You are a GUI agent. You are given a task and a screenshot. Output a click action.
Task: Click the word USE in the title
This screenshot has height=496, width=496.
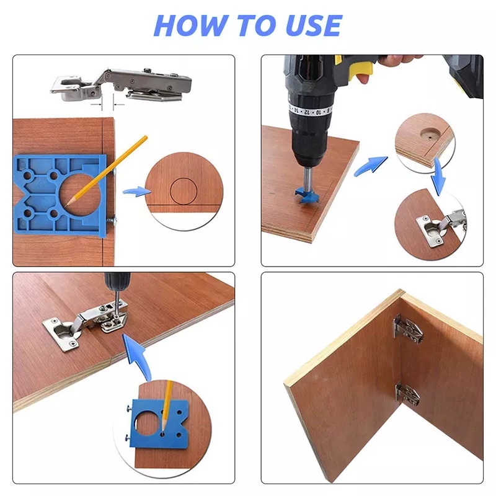click(313, 25)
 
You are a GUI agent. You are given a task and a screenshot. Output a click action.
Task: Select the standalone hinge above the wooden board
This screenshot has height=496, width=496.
click(121, 85)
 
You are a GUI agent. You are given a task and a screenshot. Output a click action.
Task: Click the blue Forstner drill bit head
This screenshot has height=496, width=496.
click(306, 195)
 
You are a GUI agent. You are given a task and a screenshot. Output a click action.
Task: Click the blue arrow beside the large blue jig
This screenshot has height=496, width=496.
click(136, 192)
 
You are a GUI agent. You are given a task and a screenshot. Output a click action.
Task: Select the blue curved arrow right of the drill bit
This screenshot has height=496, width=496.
click(370, 166)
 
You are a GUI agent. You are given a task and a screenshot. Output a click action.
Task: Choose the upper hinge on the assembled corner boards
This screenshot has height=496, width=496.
click(407, 330)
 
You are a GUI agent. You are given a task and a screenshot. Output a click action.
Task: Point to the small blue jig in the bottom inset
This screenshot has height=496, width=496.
click(160, 423)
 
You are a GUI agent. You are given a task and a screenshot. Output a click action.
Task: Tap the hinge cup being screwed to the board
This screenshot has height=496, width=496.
click(61, 334)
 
